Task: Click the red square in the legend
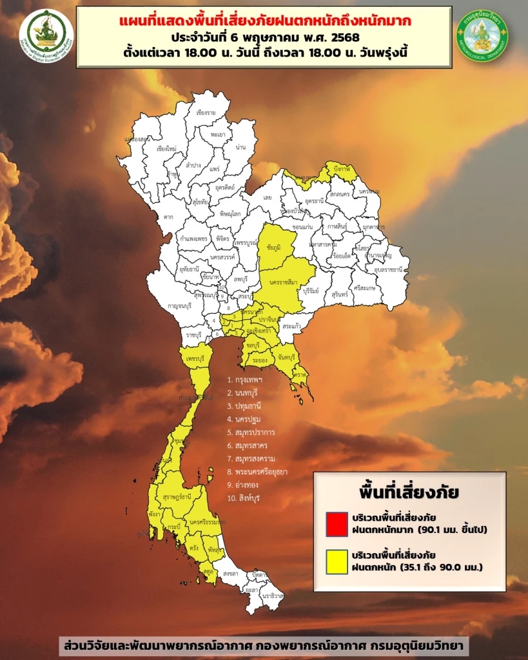coord(337,523)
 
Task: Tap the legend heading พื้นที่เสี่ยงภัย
coord(409,492)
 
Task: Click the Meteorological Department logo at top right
coord(482,35)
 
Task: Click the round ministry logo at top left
coord(46,35)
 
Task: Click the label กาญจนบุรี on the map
coord(164,307)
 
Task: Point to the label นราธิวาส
coord(273,596)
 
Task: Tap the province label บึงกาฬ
coord(341,168)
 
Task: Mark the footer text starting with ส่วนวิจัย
coord(264,645)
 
